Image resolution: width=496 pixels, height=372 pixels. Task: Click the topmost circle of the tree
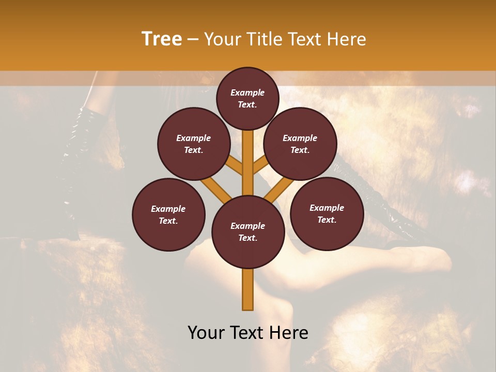tap(247, 98)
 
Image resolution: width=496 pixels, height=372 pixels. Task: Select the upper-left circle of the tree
tap(193, 144)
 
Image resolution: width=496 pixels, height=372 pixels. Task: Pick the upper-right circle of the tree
tap(300, 144)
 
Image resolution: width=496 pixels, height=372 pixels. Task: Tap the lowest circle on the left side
tap(168, 214)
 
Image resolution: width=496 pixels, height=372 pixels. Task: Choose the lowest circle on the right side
tap(327, 213)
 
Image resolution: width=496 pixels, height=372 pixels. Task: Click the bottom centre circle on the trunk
tap(247, 232)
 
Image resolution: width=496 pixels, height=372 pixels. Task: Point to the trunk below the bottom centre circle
tap(247, 289)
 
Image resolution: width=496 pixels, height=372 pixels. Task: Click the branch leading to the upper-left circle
tap(235, 167)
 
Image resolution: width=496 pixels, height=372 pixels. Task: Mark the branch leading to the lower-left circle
tap(216, 189)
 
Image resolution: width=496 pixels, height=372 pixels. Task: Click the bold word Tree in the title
tap(162, 39)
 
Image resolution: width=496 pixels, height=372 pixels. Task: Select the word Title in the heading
tap(265, 39)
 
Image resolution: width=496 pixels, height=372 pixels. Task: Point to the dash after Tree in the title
tap(193, 39)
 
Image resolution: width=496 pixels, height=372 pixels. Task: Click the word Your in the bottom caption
tap(207, 333)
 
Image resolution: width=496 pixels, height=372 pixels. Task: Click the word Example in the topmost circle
tap(247, 92)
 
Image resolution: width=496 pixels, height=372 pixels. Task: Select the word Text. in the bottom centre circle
tap(247, 238)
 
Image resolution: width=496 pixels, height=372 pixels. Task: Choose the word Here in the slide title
tap(348, 39)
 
